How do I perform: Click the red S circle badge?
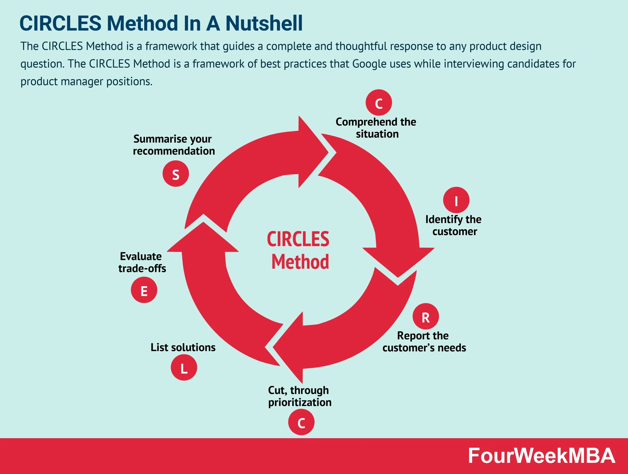pyautogui.click(x=176, y=174)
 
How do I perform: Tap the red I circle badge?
pyautogui.click(x=456, y=200)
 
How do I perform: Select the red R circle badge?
pyautogui.click(x=426, y=316)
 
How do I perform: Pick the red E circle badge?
pyautogui.click(x=144, y=290)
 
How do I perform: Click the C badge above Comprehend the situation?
pyautogui.click(x=379, y=103)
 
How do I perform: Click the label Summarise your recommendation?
pyautogui.click(x=173, y=145)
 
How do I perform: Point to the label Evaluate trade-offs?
pyautogui.click(x=142, y=262)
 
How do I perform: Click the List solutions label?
pyautogui.click(x=183, y=347)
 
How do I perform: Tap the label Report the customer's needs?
pyautogui.click(x=424, y=342)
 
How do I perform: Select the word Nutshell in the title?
pyautogui.click(x=264, y=23)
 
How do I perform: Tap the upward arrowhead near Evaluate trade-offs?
pyautogui.click(x=203, y=239)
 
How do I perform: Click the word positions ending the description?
pyautogui.click(x=129, y=82)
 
